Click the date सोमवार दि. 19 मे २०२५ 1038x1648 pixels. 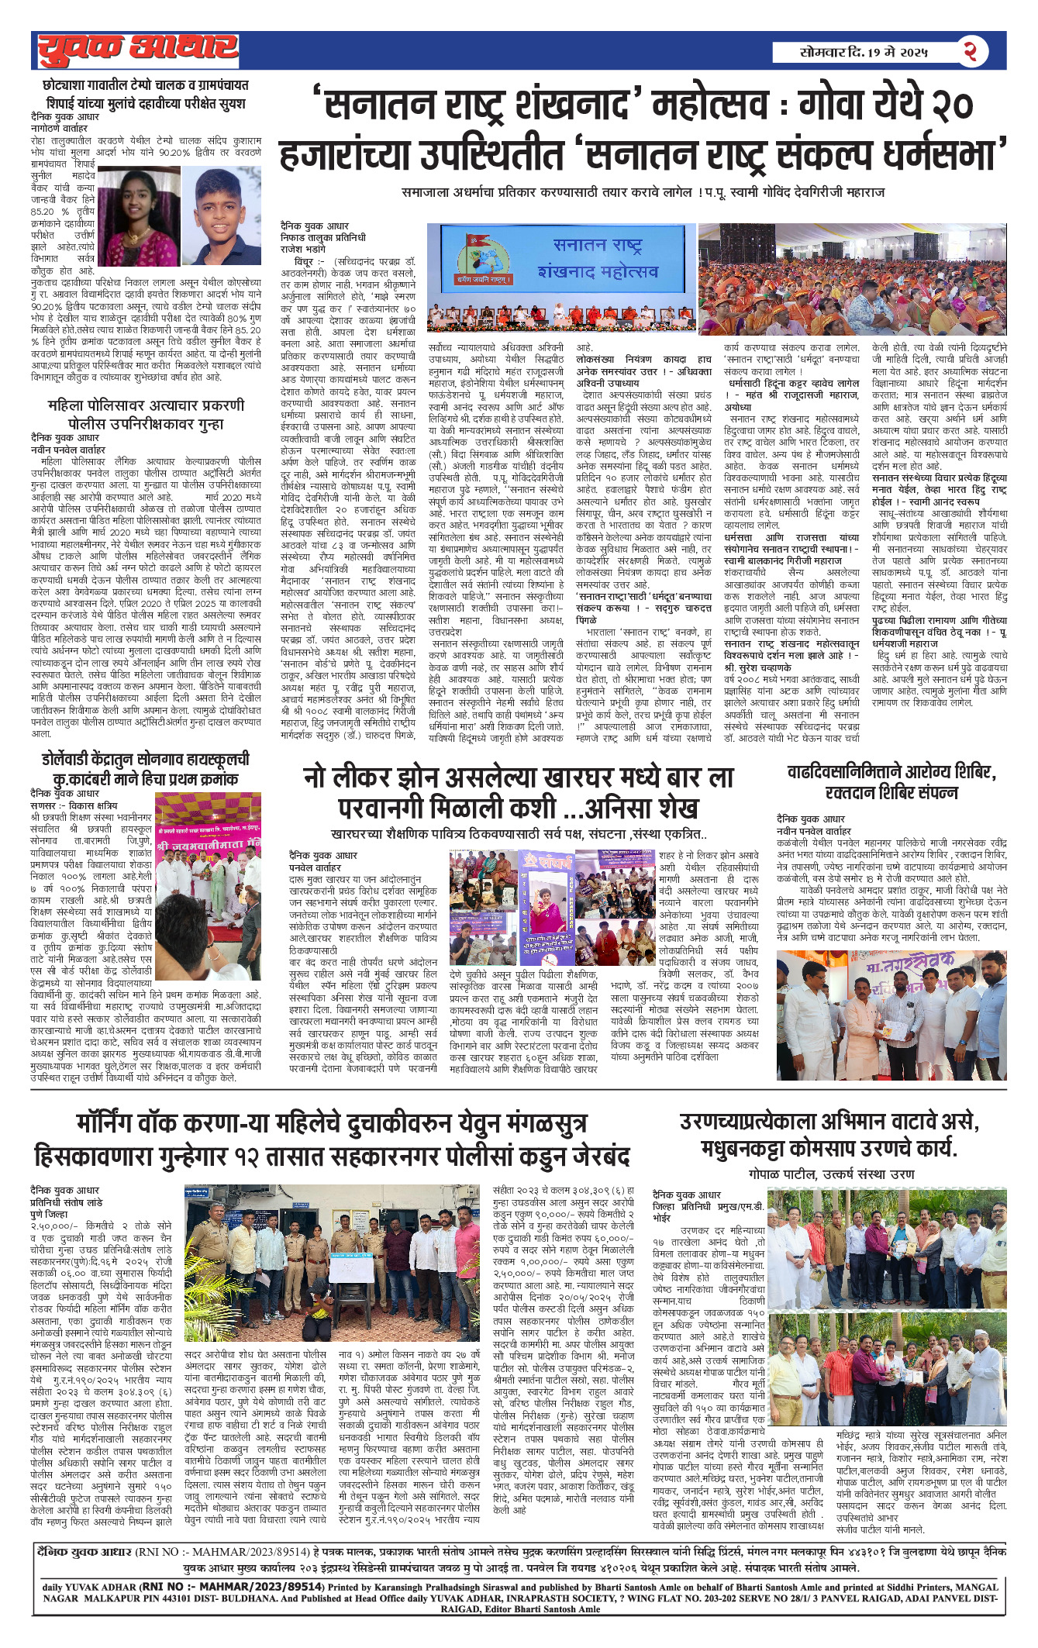[864, 53]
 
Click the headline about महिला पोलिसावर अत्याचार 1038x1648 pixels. [146, 415]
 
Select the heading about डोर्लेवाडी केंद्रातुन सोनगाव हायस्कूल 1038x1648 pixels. [146, 769]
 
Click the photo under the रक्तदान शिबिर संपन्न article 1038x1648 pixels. [891, 1015]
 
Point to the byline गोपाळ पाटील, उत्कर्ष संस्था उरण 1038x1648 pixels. [832, 1174]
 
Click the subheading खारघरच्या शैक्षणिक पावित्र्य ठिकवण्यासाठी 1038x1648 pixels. [518, 835]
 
